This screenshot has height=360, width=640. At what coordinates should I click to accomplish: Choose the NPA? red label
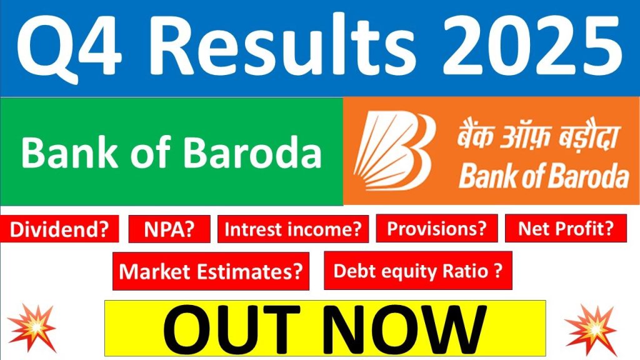pos(169,229)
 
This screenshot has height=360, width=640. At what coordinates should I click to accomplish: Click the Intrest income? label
pos(292,229)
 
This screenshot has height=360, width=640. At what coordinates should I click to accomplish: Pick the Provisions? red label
pos(436,229)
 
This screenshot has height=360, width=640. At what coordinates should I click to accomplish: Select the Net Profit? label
pos(566,229)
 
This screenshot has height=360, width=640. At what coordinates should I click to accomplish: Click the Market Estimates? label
pos(211,271)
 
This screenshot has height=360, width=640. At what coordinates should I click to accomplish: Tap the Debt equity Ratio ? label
pos(417,271)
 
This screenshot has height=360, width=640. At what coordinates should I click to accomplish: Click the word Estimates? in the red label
pos(256,271)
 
